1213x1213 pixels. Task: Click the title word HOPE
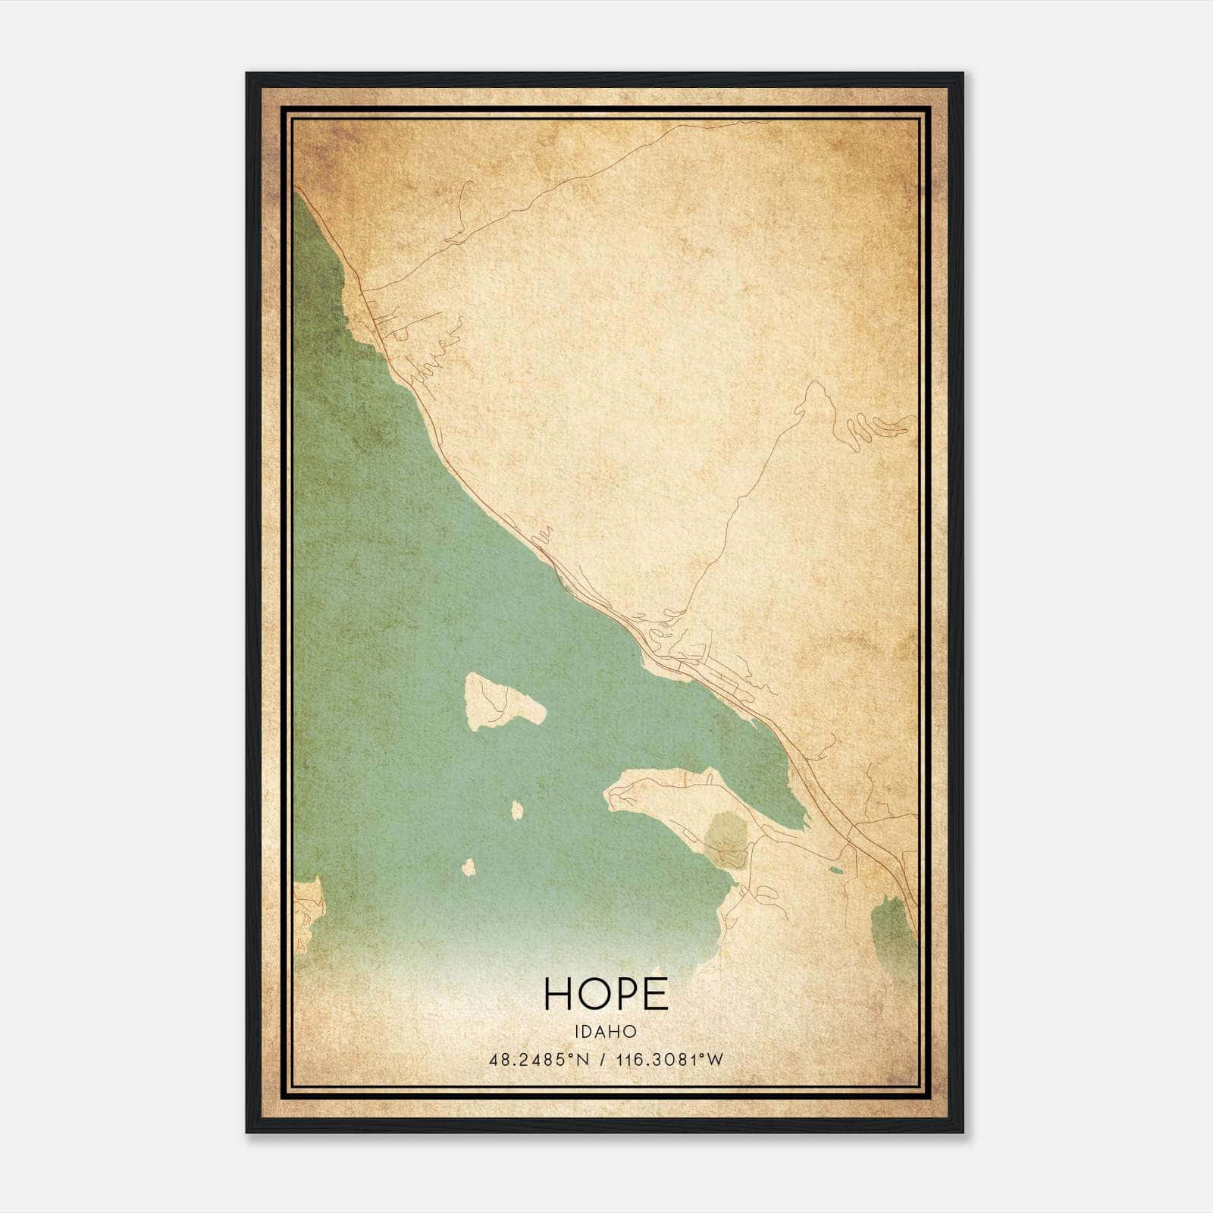pos(606,994)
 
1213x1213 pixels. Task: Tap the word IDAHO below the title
pos(606,1031)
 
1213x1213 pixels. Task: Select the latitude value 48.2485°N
pos(539,1059)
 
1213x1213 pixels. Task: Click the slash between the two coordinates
pos(603,1059)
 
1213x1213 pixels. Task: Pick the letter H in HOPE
pos(559,994)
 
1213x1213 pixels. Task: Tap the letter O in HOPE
pos(594,994)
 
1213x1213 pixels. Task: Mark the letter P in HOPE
pos(628,994)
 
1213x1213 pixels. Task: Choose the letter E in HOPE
pos(657,994)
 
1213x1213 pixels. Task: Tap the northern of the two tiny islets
pos(517,811)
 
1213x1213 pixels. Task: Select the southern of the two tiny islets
pos(469,867)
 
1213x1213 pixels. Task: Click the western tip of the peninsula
pos(608,793)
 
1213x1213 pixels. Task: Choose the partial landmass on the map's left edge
pos(306,914)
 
